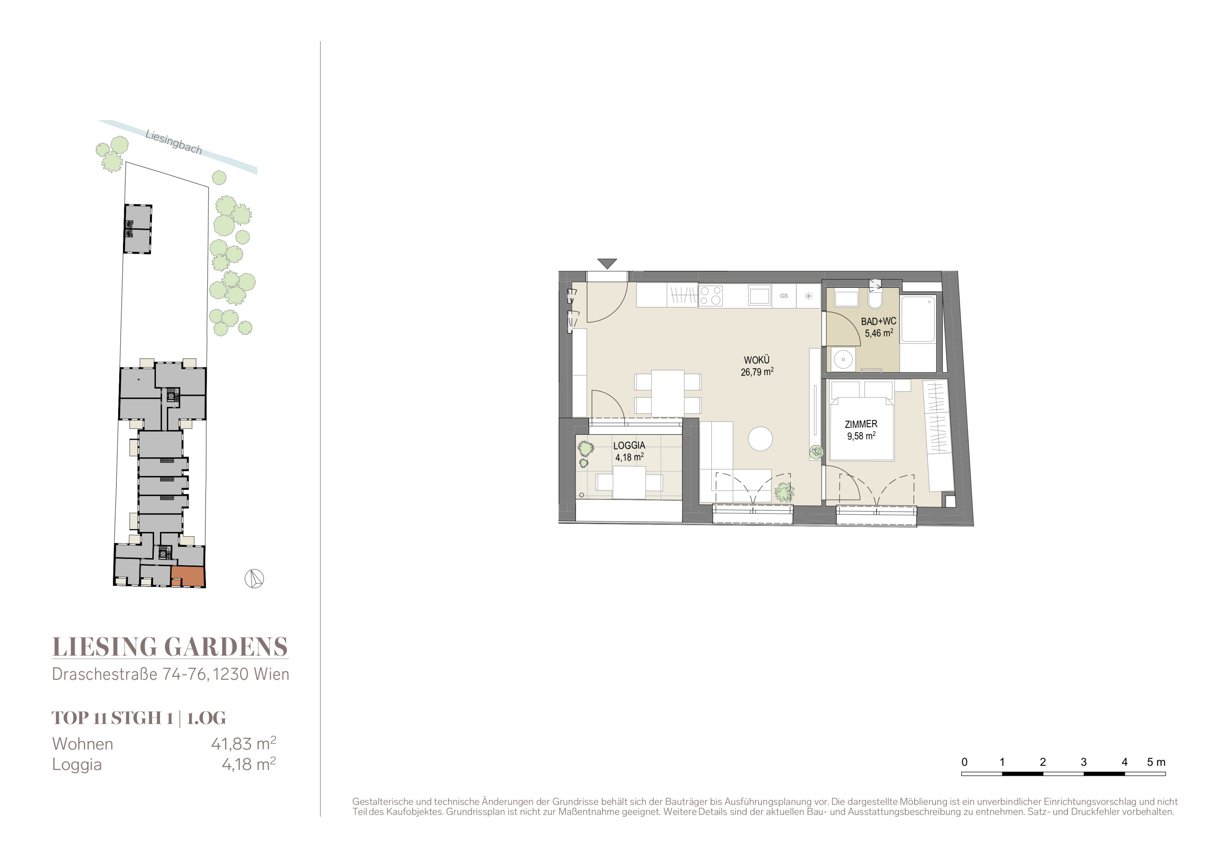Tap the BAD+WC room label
click(x=879, y=321)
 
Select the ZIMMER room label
click(x=861, y=424)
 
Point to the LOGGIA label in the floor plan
click(x=629, y=445)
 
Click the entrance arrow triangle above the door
click(x=608, y=263)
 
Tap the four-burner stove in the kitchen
click(x=711, y=295)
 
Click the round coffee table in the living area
click(x=760, y=438)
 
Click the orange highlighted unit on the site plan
click(x=187, y=576)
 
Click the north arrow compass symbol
click(x=255, y=579)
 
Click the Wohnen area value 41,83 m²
click(x=243, y=743)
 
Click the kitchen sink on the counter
click(x=760, y=295)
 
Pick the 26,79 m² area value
click(x=757, y=372)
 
